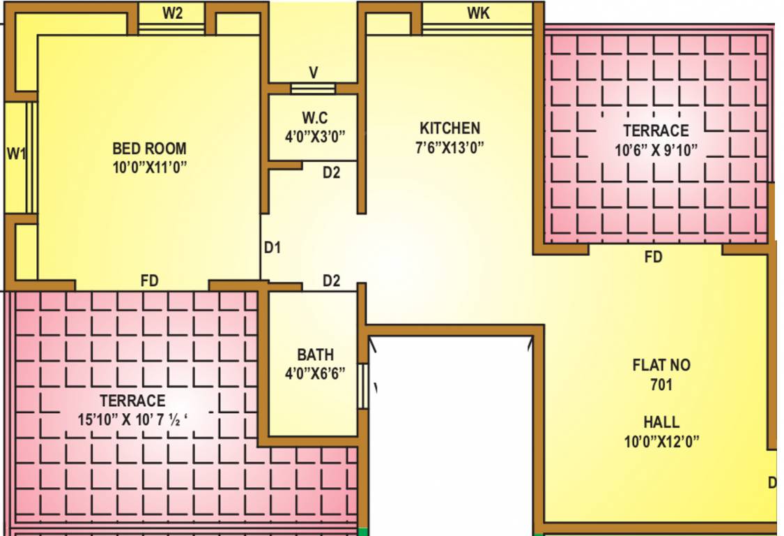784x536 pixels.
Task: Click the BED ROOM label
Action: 149,149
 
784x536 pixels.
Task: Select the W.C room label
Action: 315,116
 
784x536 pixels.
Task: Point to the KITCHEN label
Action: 449,128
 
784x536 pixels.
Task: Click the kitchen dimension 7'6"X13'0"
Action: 449,147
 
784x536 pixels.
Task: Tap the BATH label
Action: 315,355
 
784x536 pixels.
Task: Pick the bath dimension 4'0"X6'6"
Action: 315,373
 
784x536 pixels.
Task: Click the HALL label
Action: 661,422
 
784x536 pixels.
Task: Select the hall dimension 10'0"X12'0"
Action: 661,441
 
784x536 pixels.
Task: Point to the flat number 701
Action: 661,385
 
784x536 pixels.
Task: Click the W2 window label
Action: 172,13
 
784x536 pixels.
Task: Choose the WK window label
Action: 478,13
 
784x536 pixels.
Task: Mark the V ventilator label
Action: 314,72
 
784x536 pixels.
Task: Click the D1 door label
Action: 272,247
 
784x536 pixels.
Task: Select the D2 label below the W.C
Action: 331,172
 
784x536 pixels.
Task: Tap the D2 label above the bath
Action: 331,281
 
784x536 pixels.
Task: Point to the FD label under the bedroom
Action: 149,281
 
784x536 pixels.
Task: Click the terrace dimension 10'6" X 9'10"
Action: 656,149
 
